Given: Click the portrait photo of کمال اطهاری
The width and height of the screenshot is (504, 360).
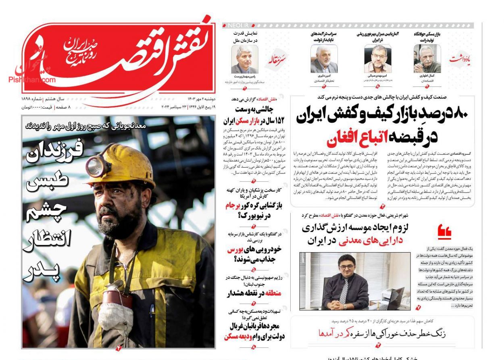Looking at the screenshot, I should point(427,59).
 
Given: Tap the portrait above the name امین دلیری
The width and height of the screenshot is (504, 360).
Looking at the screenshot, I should point(324,59).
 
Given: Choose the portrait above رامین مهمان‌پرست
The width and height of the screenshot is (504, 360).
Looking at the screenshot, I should point(244,59).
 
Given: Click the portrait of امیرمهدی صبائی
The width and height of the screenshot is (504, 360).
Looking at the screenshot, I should point(377,59).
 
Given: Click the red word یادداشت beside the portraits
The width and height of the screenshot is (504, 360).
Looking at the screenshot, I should point(460,59).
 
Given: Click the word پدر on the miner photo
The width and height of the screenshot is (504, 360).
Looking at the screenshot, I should point(42,272).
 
